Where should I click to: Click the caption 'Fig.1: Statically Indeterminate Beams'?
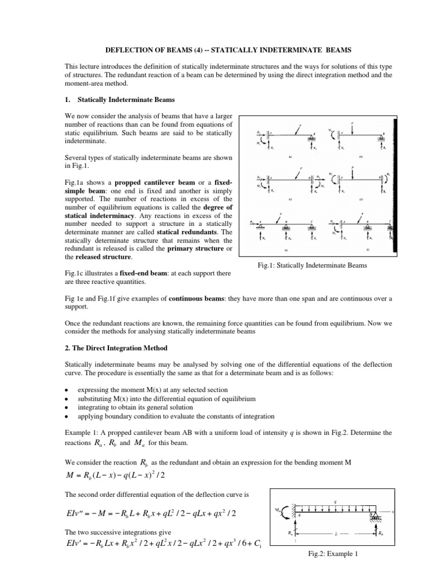(x=316, y=266)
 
